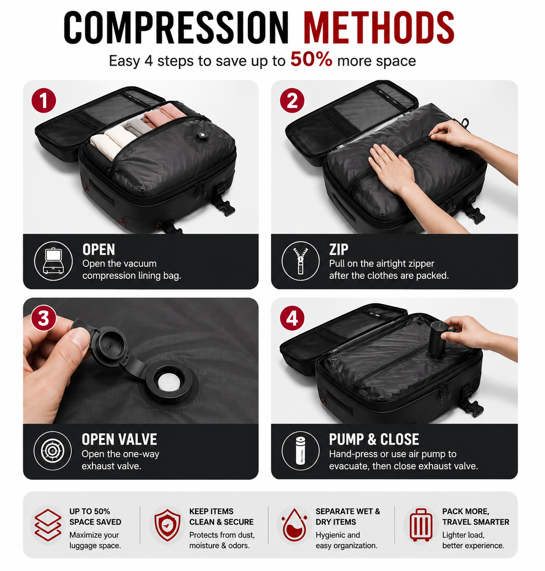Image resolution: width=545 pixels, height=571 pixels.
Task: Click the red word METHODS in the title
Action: coord(379,28)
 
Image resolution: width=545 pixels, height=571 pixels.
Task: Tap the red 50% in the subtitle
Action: coord(311,60)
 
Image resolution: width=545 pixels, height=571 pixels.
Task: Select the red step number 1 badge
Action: coord(44,101)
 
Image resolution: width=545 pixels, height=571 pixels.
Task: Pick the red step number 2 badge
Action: coord(292,101)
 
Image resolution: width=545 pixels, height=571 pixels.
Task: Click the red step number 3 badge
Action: coord(44,318)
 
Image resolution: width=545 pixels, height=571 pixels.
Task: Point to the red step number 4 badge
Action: coord(292,318)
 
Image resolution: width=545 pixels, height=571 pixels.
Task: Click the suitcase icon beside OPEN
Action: coord(53,261)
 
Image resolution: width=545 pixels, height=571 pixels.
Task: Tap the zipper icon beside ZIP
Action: coord(300,261)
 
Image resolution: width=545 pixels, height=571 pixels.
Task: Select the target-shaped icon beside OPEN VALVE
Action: coord(52,451)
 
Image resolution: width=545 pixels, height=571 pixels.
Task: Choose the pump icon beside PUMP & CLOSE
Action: coord(300,451)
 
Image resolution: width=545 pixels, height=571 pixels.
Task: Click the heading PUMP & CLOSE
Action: coord(374,439)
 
